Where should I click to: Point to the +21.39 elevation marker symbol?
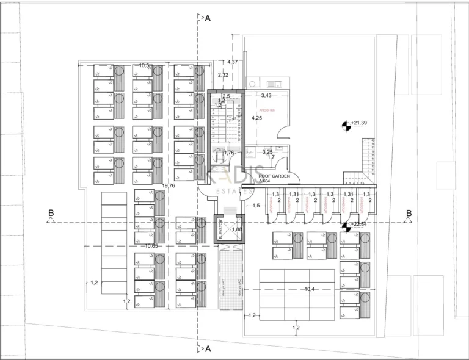pos(346,124)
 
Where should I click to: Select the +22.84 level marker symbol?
pos(346,226)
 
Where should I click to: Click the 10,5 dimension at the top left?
pos(145,65)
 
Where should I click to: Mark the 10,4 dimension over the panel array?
pos(310,289)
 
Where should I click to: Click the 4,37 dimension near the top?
pos(232,62)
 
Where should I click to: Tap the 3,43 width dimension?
pos(266,96)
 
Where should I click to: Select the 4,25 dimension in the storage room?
pos(257,118)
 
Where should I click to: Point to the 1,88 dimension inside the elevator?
pos(237,229)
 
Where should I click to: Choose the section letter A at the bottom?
pos(208,349)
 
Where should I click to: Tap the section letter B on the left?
pos(51,213)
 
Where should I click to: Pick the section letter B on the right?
pos(409,213)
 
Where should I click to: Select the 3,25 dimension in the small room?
pos(267,151)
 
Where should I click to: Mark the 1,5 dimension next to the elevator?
pos(256,206)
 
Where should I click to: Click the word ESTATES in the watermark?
pos(235,191)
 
